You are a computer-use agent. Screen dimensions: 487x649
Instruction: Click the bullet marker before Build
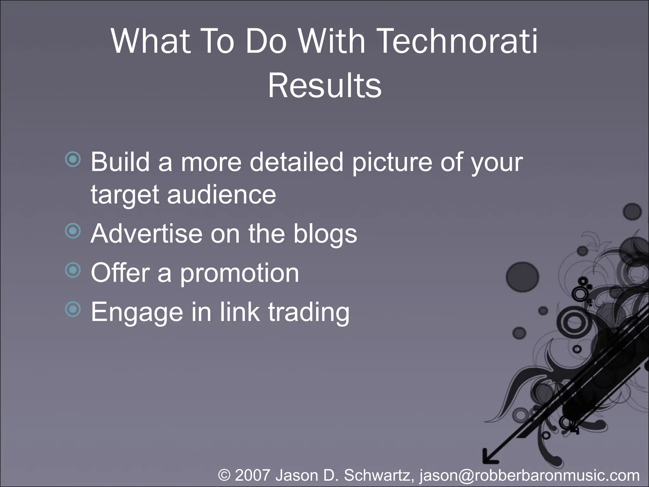73,159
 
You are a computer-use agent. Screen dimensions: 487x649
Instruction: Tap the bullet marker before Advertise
73,231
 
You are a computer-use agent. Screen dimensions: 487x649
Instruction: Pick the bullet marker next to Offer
73,270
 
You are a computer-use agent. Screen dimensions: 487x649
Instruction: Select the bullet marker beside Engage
73,309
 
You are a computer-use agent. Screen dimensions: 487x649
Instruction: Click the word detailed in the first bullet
297,162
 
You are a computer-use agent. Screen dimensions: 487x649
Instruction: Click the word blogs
325,234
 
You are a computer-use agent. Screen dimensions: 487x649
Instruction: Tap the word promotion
239,273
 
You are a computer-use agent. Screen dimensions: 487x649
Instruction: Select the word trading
309,312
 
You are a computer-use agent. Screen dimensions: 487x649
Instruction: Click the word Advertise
146,234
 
